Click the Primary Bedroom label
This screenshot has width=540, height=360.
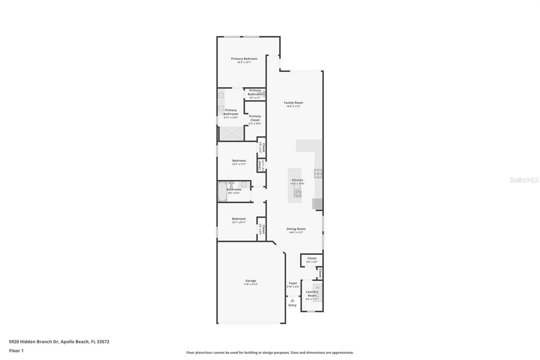point(244,59)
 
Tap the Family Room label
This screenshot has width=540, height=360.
point(293,103)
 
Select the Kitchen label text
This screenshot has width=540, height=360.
point(297,180)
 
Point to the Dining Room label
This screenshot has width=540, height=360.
point(296,229)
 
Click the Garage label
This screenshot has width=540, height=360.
point(251,281)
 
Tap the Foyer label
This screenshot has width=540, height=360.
point(293,283)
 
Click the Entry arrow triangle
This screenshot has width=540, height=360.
point(292,300)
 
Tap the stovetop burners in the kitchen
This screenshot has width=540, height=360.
point(318,174)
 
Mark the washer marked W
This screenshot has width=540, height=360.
point(317,288)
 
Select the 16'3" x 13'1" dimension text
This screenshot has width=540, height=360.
point(244,62)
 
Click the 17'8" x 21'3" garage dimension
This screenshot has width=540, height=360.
point(251,284)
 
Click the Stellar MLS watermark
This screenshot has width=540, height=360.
point(524,180)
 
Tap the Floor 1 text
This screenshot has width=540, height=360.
point(16,351)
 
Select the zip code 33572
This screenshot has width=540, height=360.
point(103,342)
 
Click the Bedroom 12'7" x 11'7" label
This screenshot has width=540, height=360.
point(239,161)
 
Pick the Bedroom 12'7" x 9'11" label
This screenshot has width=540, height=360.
point(239,219)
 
